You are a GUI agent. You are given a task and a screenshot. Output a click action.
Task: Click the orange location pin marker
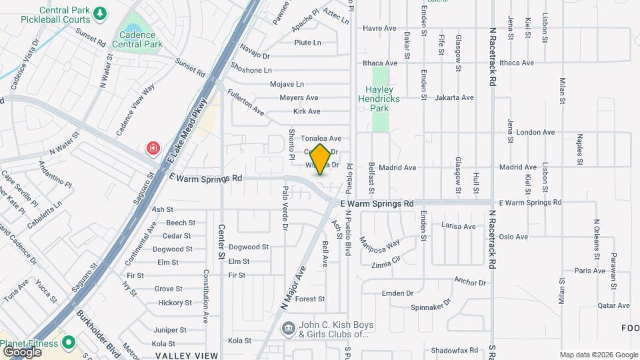pos(320,159)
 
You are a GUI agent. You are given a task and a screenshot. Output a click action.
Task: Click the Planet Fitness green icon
pos(68,343)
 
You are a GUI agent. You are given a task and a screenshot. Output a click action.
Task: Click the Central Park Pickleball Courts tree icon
pos(100,13)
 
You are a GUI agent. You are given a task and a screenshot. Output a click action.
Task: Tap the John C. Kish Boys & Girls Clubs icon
pos(288,328)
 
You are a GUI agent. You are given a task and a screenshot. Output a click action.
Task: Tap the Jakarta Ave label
pos(454,97)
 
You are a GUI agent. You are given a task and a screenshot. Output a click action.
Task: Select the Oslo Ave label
pos(513,237)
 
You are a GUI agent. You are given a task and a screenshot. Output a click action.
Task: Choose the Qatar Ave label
pos(595,306)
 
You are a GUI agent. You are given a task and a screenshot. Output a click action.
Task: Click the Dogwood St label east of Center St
pos(249,247)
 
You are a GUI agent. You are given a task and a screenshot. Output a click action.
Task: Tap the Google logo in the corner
pos(23,351)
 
